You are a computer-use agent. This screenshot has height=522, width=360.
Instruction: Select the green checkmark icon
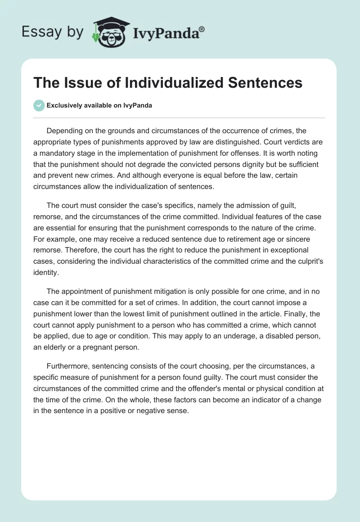click(x=39, y=105)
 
